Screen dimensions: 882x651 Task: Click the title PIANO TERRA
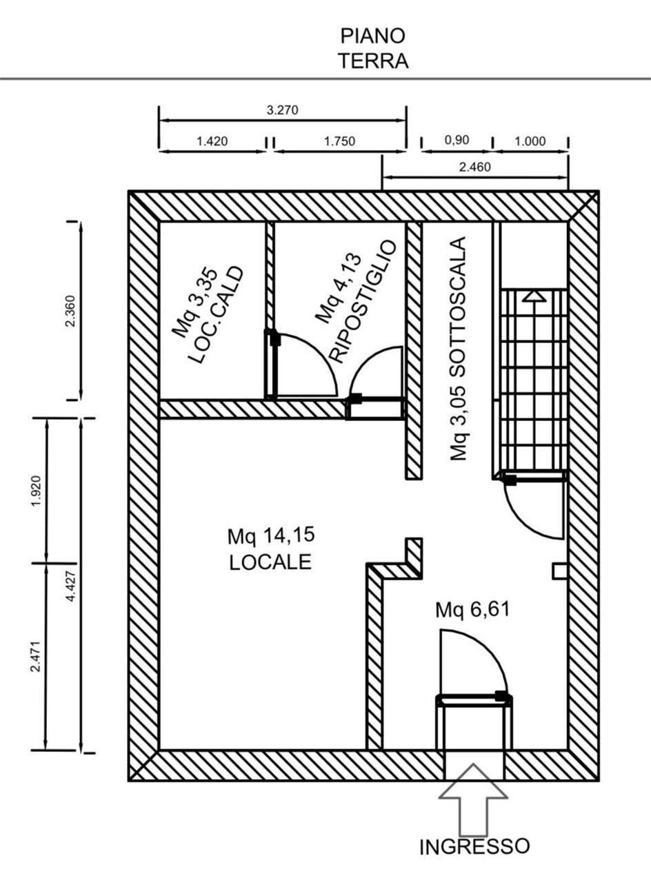click(x=373, y=48)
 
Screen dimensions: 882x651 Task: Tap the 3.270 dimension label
click(x=283, y=110)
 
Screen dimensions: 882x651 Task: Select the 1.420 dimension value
click(x=212, y=142)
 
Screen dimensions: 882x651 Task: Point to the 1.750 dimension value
click(x=339, y=142)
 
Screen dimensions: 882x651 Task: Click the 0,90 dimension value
click(x=457, y=141)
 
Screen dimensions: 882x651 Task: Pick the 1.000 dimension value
click(x=530, y=142)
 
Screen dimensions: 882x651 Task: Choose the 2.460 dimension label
click(x=475, y=167)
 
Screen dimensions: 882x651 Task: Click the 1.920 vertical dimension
click(x=36, y=490)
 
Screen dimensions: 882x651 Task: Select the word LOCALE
click(x=271, y=562)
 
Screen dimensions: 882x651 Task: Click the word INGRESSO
click(x=475, y=847)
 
